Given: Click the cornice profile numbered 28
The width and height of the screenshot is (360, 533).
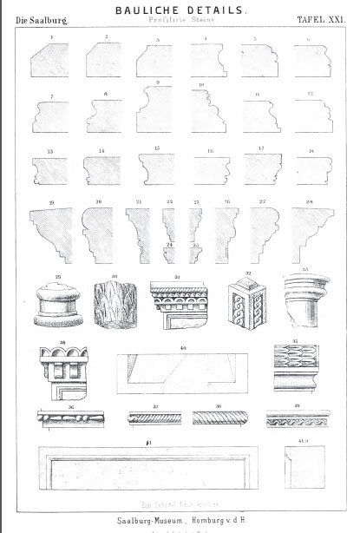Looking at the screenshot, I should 309,229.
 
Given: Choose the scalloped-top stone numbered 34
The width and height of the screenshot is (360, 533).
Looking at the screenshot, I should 60,375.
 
